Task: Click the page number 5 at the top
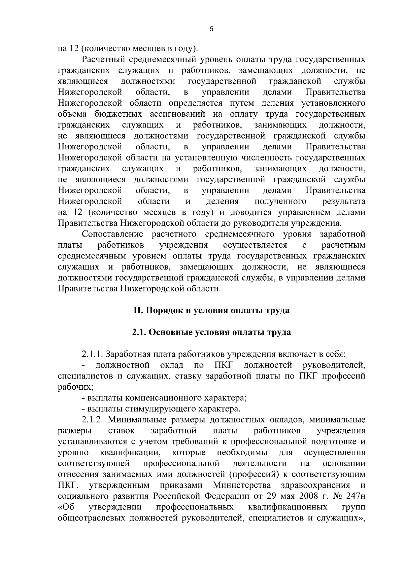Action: click(211, 29)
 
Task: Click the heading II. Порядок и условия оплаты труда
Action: click(211, 310)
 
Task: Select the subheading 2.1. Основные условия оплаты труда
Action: click(211, 332)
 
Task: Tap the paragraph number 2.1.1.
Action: click(93, 354)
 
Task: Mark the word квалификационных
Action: click(288, 507)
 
